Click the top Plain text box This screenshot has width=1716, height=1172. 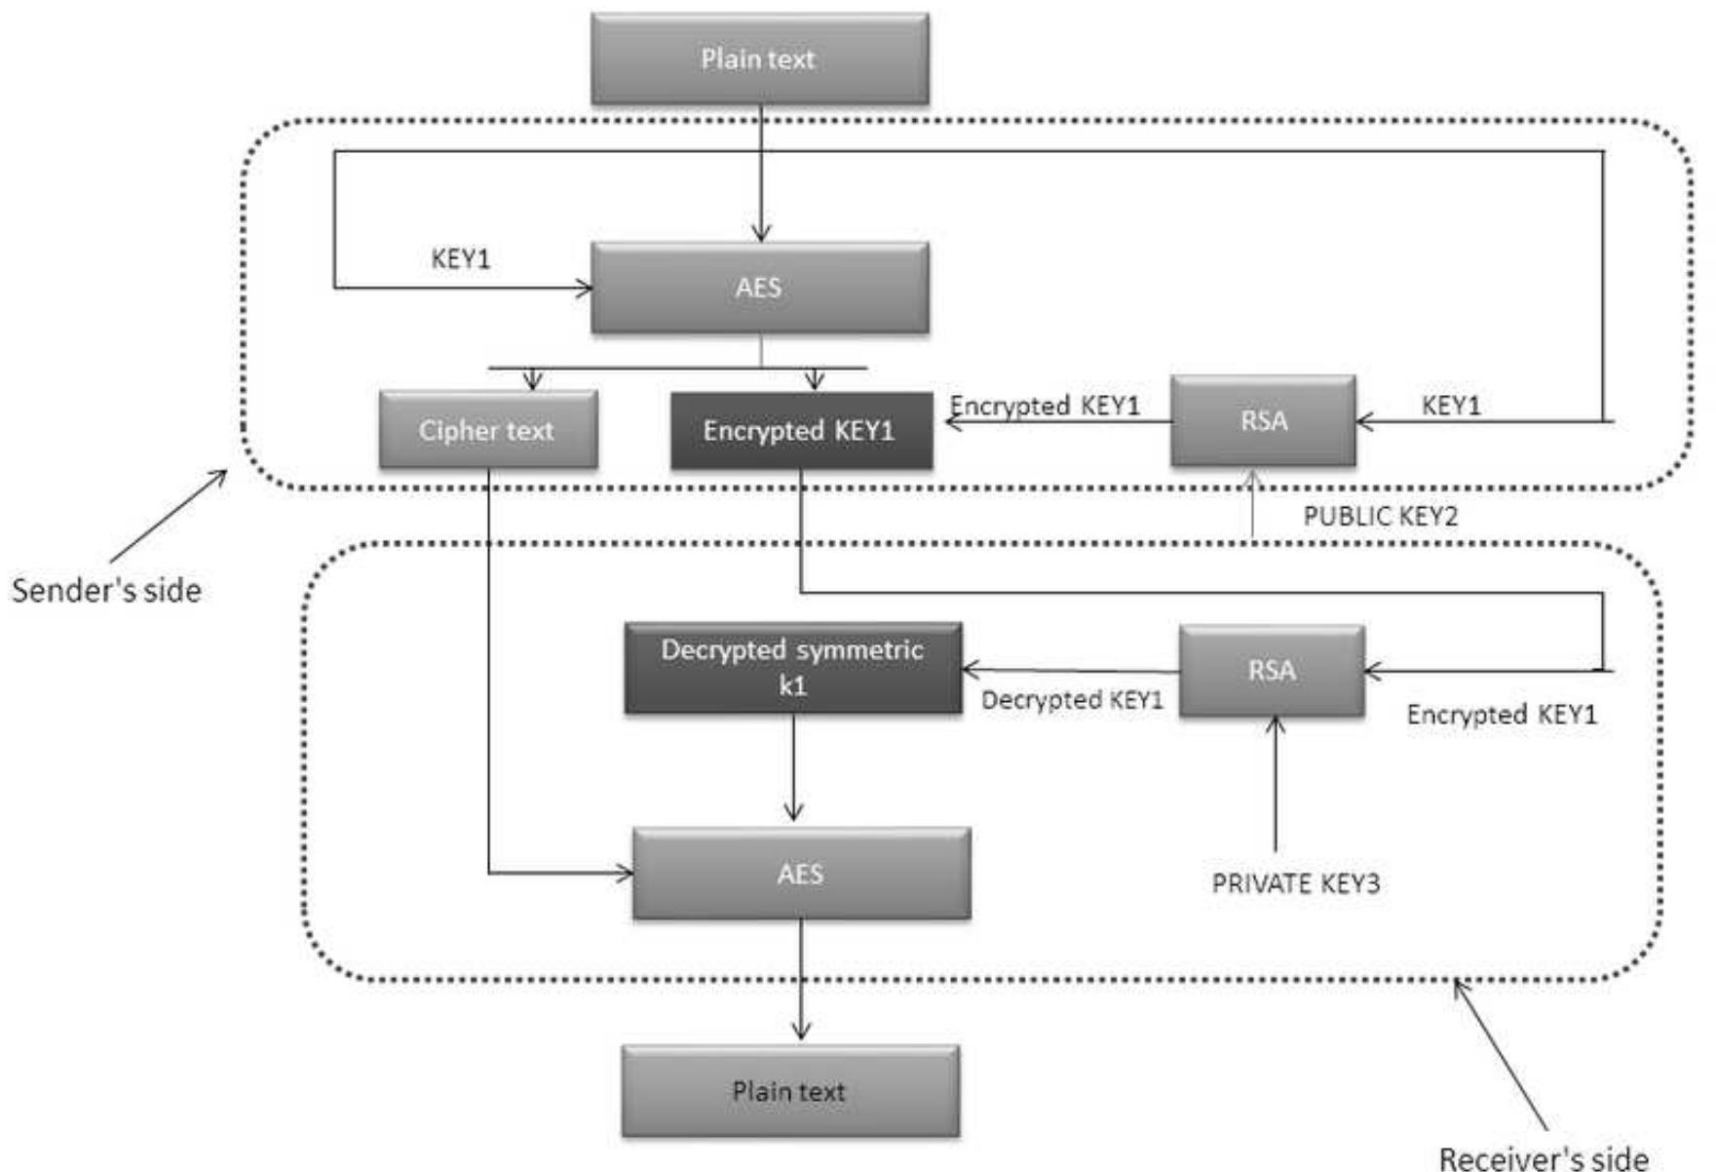point(759,59)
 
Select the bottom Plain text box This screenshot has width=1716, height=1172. point(790,1091)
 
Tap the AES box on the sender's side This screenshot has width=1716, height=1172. point(759,288)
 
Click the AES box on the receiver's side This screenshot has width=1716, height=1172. point(801,874)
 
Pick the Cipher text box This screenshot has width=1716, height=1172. point(487,430)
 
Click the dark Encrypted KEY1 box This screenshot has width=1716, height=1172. point(800,430)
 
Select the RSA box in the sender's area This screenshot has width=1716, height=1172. point(1263,420)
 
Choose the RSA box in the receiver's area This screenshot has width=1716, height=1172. point(1271,671)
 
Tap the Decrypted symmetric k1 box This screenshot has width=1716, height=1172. point(792,668)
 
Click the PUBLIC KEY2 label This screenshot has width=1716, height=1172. point(1380,516)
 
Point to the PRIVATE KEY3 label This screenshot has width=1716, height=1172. point(1295,883)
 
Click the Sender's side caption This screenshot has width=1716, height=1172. point(106,591)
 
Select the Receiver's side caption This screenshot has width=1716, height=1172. point(1544,1157)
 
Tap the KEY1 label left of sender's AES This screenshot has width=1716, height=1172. point(460,259)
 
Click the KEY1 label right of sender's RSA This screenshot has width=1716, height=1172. point(1450,405)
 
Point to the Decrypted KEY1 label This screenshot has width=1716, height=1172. point(1072,700)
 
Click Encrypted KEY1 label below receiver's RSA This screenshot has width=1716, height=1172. point(1501,715)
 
